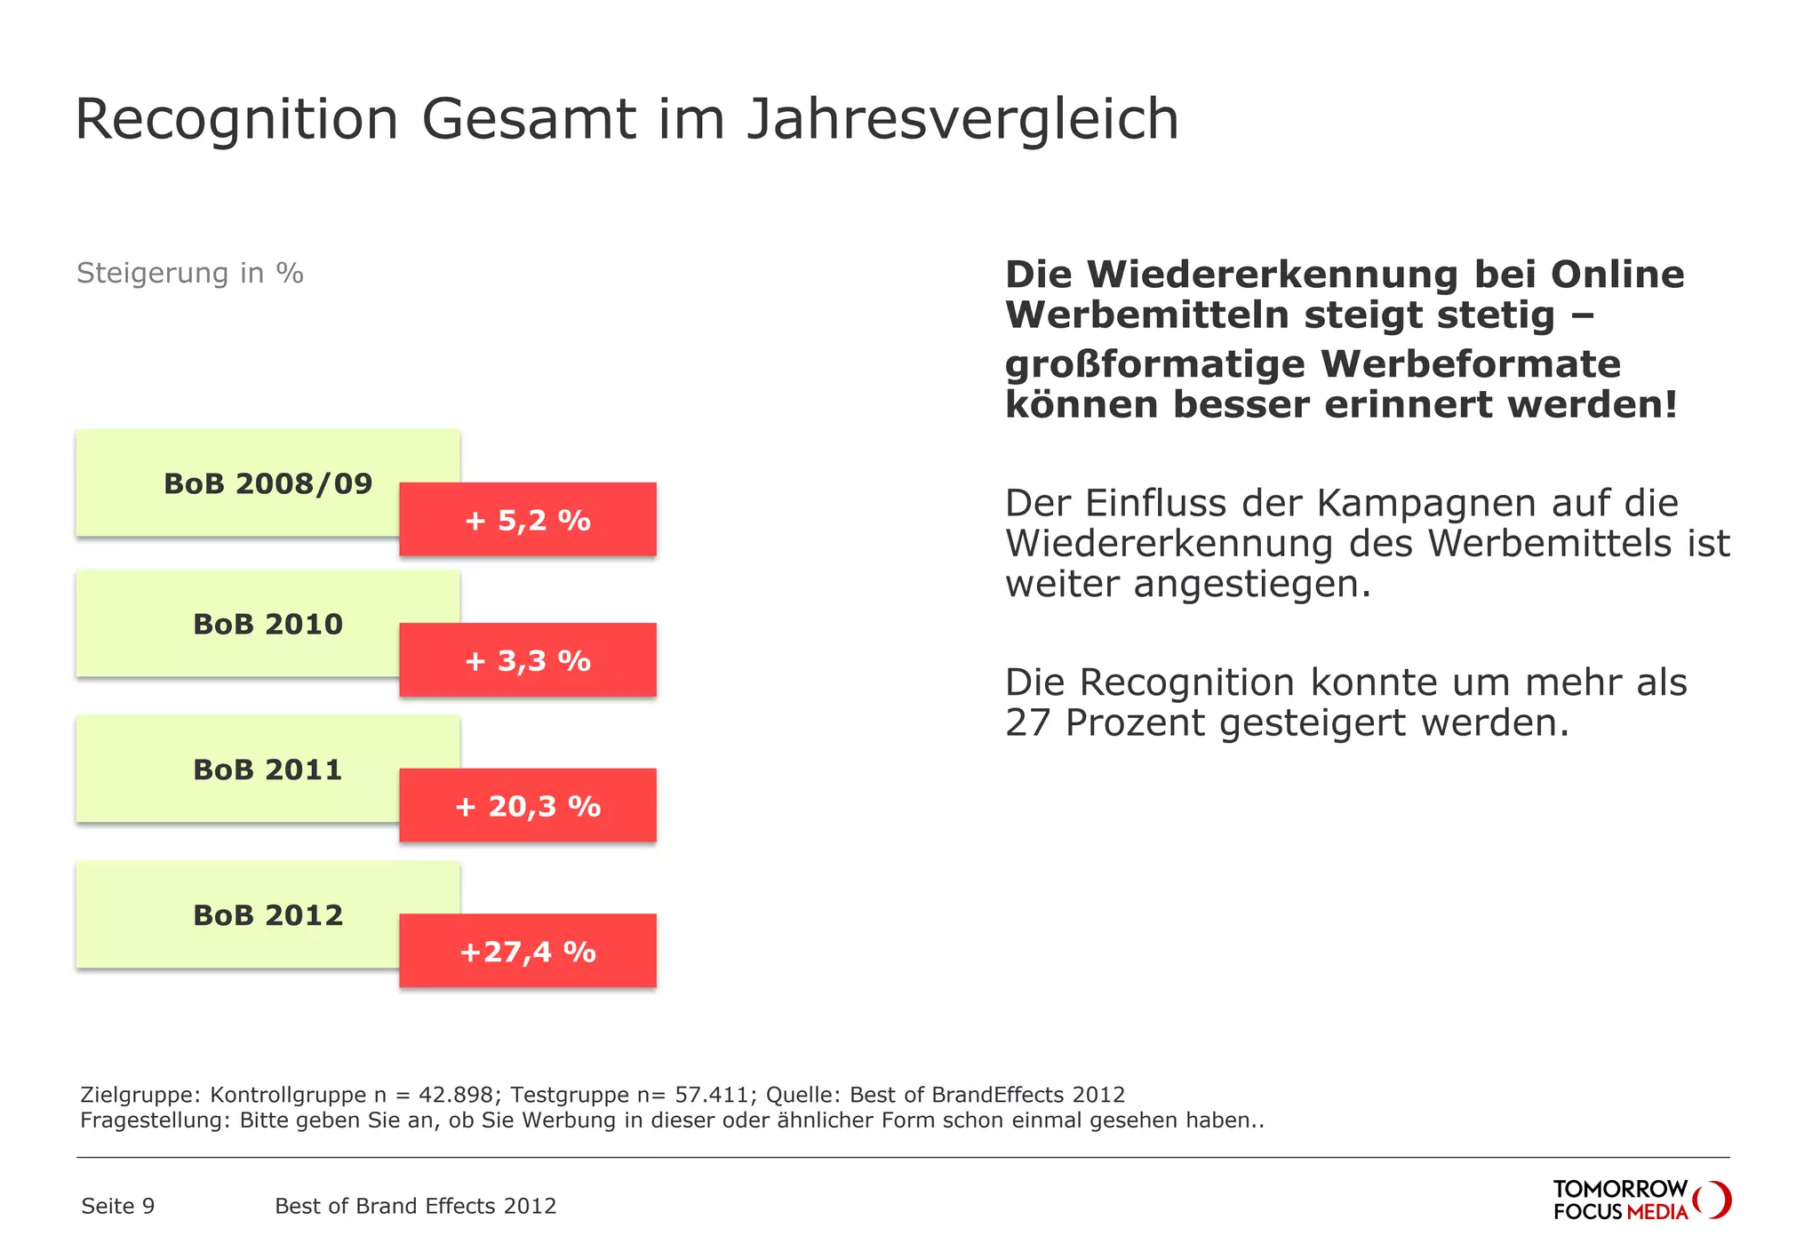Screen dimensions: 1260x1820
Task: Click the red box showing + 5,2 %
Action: point(527,520)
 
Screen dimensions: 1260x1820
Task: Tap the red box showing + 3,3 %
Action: point(527,660)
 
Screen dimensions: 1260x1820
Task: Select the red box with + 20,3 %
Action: point(527,806)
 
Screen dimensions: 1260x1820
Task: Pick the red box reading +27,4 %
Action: point(527,952)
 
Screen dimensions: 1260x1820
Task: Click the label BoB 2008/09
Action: point(267,483)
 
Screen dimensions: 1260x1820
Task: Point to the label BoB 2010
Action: point(267,624)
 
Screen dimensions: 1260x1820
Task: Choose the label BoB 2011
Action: point(267,770)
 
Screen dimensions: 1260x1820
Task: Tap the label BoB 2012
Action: point(267,915)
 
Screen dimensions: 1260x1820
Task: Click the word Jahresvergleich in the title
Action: point(962,120)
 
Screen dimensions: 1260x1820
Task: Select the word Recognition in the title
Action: point(236,120)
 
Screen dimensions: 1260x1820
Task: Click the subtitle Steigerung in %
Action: point(189,273)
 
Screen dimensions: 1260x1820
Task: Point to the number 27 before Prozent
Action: point(1027,723)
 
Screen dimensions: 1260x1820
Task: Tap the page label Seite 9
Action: point(117,1206)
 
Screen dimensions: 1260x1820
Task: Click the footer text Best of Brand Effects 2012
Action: point(415,1206)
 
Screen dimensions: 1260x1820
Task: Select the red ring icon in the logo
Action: point(1712,1200)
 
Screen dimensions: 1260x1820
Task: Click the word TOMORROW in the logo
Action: point(1619,1189)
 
